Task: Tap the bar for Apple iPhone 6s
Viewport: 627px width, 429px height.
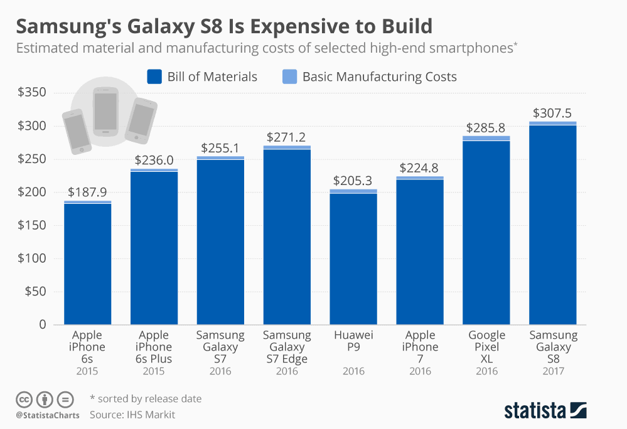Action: coord(88,263)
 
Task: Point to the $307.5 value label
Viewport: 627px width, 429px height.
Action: coord(552,114)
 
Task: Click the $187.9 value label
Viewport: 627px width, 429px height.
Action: coord(88,193)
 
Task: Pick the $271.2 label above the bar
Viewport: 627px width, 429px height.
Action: coord(287,137)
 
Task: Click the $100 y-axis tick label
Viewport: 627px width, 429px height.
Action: coord(32,258)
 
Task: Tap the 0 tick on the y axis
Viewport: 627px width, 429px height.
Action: coord(43,325)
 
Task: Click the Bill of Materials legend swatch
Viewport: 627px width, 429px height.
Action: coord(154,77)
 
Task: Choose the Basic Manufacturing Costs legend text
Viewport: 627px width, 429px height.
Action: coord(379,77)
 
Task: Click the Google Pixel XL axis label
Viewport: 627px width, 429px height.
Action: coord(486,347)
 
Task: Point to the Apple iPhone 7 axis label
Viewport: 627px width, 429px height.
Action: coord(420,347)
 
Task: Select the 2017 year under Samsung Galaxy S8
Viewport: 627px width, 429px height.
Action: coord(553,371)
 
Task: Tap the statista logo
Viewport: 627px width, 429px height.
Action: coord(545,411)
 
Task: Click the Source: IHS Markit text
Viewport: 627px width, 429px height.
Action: coord(132,415)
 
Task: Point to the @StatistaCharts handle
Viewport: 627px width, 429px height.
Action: coord(48,415)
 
